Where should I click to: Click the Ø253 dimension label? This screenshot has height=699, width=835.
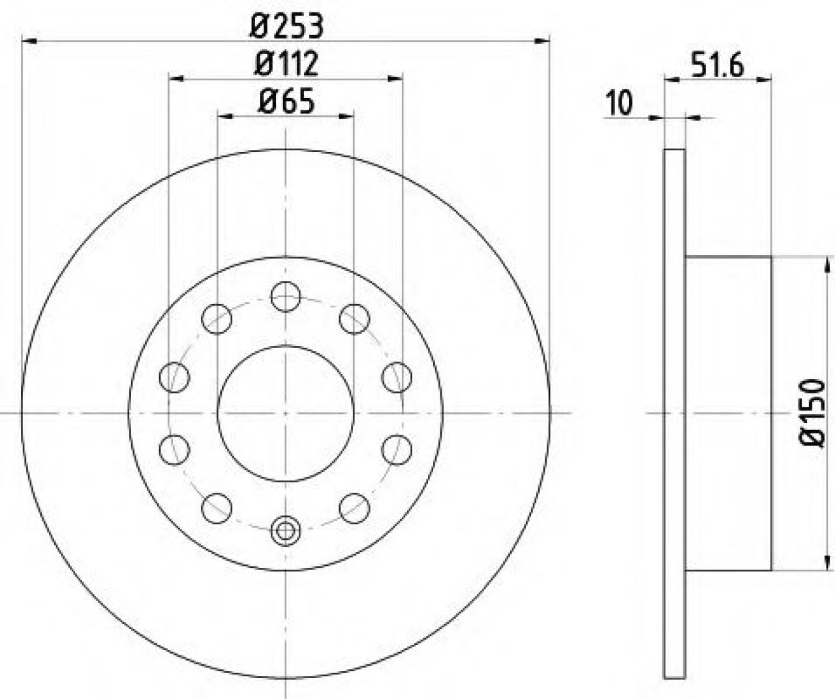tap(286, 25)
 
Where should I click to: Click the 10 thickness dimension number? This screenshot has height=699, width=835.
tap(620, 103)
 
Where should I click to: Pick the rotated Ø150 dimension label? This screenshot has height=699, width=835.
tap(812, 413)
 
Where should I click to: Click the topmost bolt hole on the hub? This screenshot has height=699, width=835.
tap(286, 296)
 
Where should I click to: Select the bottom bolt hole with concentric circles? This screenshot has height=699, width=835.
tap(286, 531)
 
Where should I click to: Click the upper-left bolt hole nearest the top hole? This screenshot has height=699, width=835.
tap(217, 319)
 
